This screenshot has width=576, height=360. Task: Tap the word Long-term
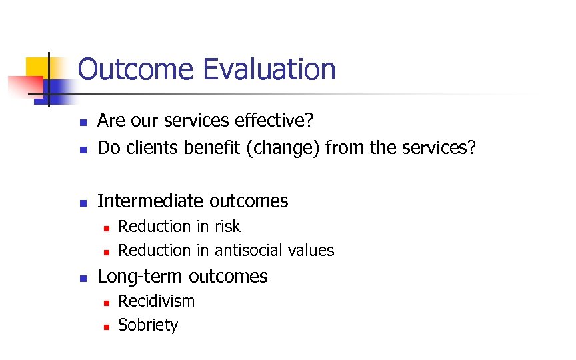(141, 276)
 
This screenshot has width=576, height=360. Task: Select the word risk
(227, 227)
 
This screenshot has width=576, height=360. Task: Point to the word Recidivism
(156, 301)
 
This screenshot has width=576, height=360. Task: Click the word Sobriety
(148, 325)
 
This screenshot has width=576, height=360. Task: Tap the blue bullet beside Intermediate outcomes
(82, 202)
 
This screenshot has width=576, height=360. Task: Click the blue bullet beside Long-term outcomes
(82, 277)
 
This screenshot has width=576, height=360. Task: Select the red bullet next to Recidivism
(105, 303)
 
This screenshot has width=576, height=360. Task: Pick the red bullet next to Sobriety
(105, 327)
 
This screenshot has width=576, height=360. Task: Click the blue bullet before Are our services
(82, 122)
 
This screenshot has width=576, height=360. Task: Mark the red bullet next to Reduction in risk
(105, 228)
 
